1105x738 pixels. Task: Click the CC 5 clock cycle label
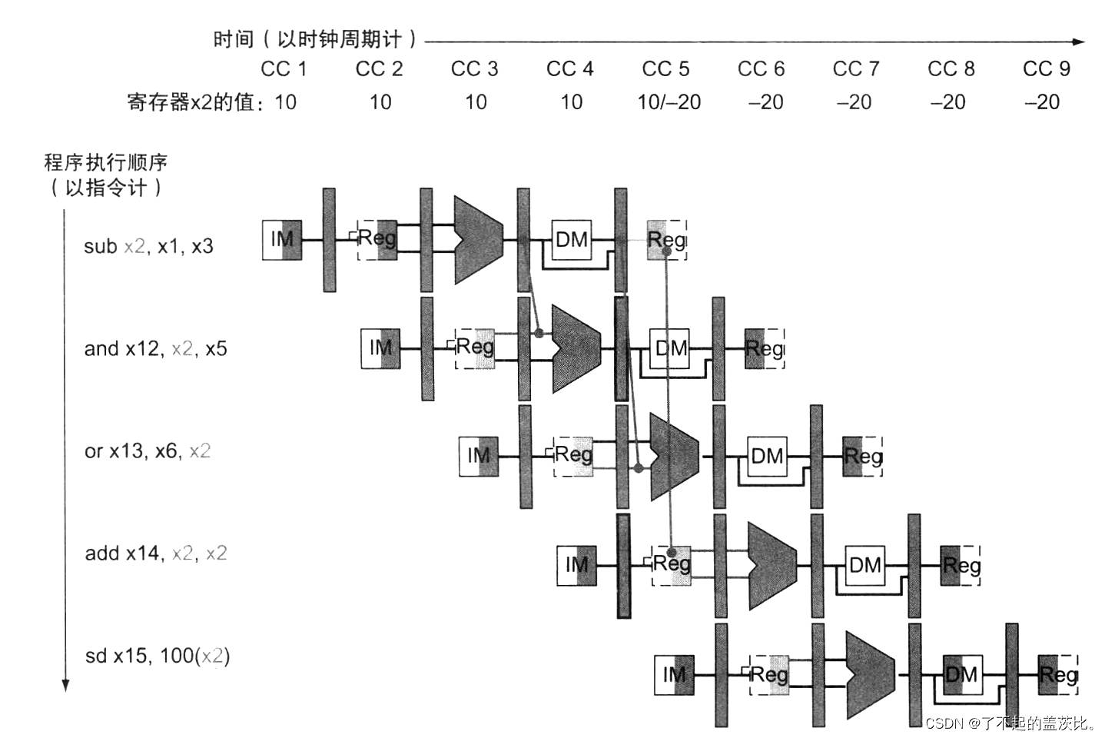pyautogui.click(x=665, y=69)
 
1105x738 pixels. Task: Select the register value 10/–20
pyautogui.click(x=669, y=102)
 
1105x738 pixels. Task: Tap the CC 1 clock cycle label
pyautogui.click(x=284, y=69)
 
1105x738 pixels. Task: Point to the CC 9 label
pyautogui.click(x=1046, y=69)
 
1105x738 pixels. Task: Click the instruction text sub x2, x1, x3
pyautogui.click(x=148, y=247)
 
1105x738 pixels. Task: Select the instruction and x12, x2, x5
pyautogui.click(x=155, y=349)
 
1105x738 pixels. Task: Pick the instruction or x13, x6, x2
pyautogui.click(x=147, y=451)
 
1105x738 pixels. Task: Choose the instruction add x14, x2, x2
pyautogui.click(x=155, y=553)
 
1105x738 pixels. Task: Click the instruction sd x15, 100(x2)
pyautogui.click(x=157, y=656)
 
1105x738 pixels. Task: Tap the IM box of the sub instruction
pyautogui.click(x=281, y=240)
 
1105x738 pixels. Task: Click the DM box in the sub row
pyautogui.click(x=572, y=240)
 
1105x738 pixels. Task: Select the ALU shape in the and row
pyautogui.click(x=575, y=349)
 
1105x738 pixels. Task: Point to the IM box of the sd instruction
pyautogui.click(x=674, y=675)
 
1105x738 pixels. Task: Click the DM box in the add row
pyautogui.click(x=865, y=566)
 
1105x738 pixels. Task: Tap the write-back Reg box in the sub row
pyautogui.click(x=666, y=240)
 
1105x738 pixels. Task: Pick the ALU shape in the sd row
pyautogui.click(x=869, y=675)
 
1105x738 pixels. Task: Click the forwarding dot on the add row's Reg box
pyautogui.click(x=672, y=552)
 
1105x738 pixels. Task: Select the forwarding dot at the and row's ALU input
pyautogui.click(x=539, y=334)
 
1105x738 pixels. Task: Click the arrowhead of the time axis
pyautogui.click(x=1079, y=42)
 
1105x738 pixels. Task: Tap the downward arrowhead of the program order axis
pyautogui.click(x=65, y=685)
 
